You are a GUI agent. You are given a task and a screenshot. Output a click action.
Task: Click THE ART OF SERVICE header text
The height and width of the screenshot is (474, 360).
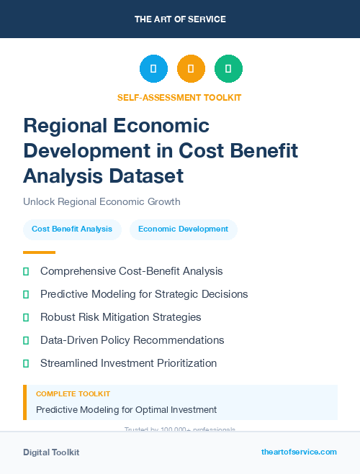coord(180,19)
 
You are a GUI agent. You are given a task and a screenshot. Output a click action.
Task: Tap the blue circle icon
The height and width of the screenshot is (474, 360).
coord(153,69)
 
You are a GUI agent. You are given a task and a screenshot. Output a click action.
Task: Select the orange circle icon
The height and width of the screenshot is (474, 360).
coord(191,69)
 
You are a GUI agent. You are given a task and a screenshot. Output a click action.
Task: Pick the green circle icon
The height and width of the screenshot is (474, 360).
coord(228,69)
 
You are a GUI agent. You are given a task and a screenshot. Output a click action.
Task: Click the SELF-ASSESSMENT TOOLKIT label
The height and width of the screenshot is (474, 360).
coord(179,97)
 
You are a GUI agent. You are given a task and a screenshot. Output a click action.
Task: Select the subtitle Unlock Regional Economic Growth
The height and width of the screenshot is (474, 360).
coord(102,201)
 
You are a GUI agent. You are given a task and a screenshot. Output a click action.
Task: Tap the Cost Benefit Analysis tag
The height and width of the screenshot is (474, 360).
coord(72,229)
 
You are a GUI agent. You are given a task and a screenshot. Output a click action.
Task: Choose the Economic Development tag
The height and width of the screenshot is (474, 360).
coord(183,229)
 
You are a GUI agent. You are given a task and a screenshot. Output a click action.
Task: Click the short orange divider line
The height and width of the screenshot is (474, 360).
coord(39,252)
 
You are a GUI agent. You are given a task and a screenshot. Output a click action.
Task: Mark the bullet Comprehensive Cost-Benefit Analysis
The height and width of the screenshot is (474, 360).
coord(131,271)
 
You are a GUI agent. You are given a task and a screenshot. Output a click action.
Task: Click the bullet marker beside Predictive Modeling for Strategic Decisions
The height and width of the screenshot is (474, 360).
coord(26,294)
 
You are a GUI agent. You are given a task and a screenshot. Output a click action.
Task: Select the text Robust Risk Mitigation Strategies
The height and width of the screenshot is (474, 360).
coord(120,316)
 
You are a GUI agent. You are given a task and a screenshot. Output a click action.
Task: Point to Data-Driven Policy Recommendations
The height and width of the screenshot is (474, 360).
coord(132,339)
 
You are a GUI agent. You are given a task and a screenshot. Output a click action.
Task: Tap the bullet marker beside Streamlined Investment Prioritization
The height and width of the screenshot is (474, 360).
coord(26,363)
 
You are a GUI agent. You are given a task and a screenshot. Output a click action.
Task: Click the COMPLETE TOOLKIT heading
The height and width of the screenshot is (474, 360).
coord(73,394)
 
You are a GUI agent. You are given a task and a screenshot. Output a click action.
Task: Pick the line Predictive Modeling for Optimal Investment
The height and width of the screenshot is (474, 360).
coord(126,410)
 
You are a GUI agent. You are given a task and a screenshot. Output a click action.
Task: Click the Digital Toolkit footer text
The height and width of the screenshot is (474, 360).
coord(51,452)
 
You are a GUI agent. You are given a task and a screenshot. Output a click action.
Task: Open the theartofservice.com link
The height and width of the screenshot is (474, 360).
coord(299,452)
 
